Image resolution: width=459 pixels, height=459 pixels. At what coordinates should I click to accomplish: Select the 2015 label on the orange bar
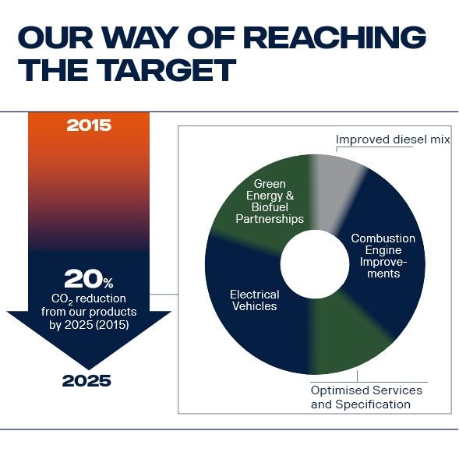[x=89, y=125]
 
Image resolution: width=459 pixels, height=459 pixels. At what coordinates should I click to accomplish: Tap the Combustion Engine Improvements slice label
[x=382, y=256]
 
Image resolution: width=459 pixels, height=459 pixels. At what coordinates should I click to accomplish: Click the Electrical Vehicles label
[x=253, y=300]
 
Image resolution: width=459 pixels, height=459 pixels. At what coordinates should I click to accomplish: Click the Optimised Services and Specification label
[x=366, y=397]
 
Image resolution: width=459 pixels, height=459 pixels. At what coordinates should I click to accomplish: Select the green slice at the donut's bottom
[x=343, y=327]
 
